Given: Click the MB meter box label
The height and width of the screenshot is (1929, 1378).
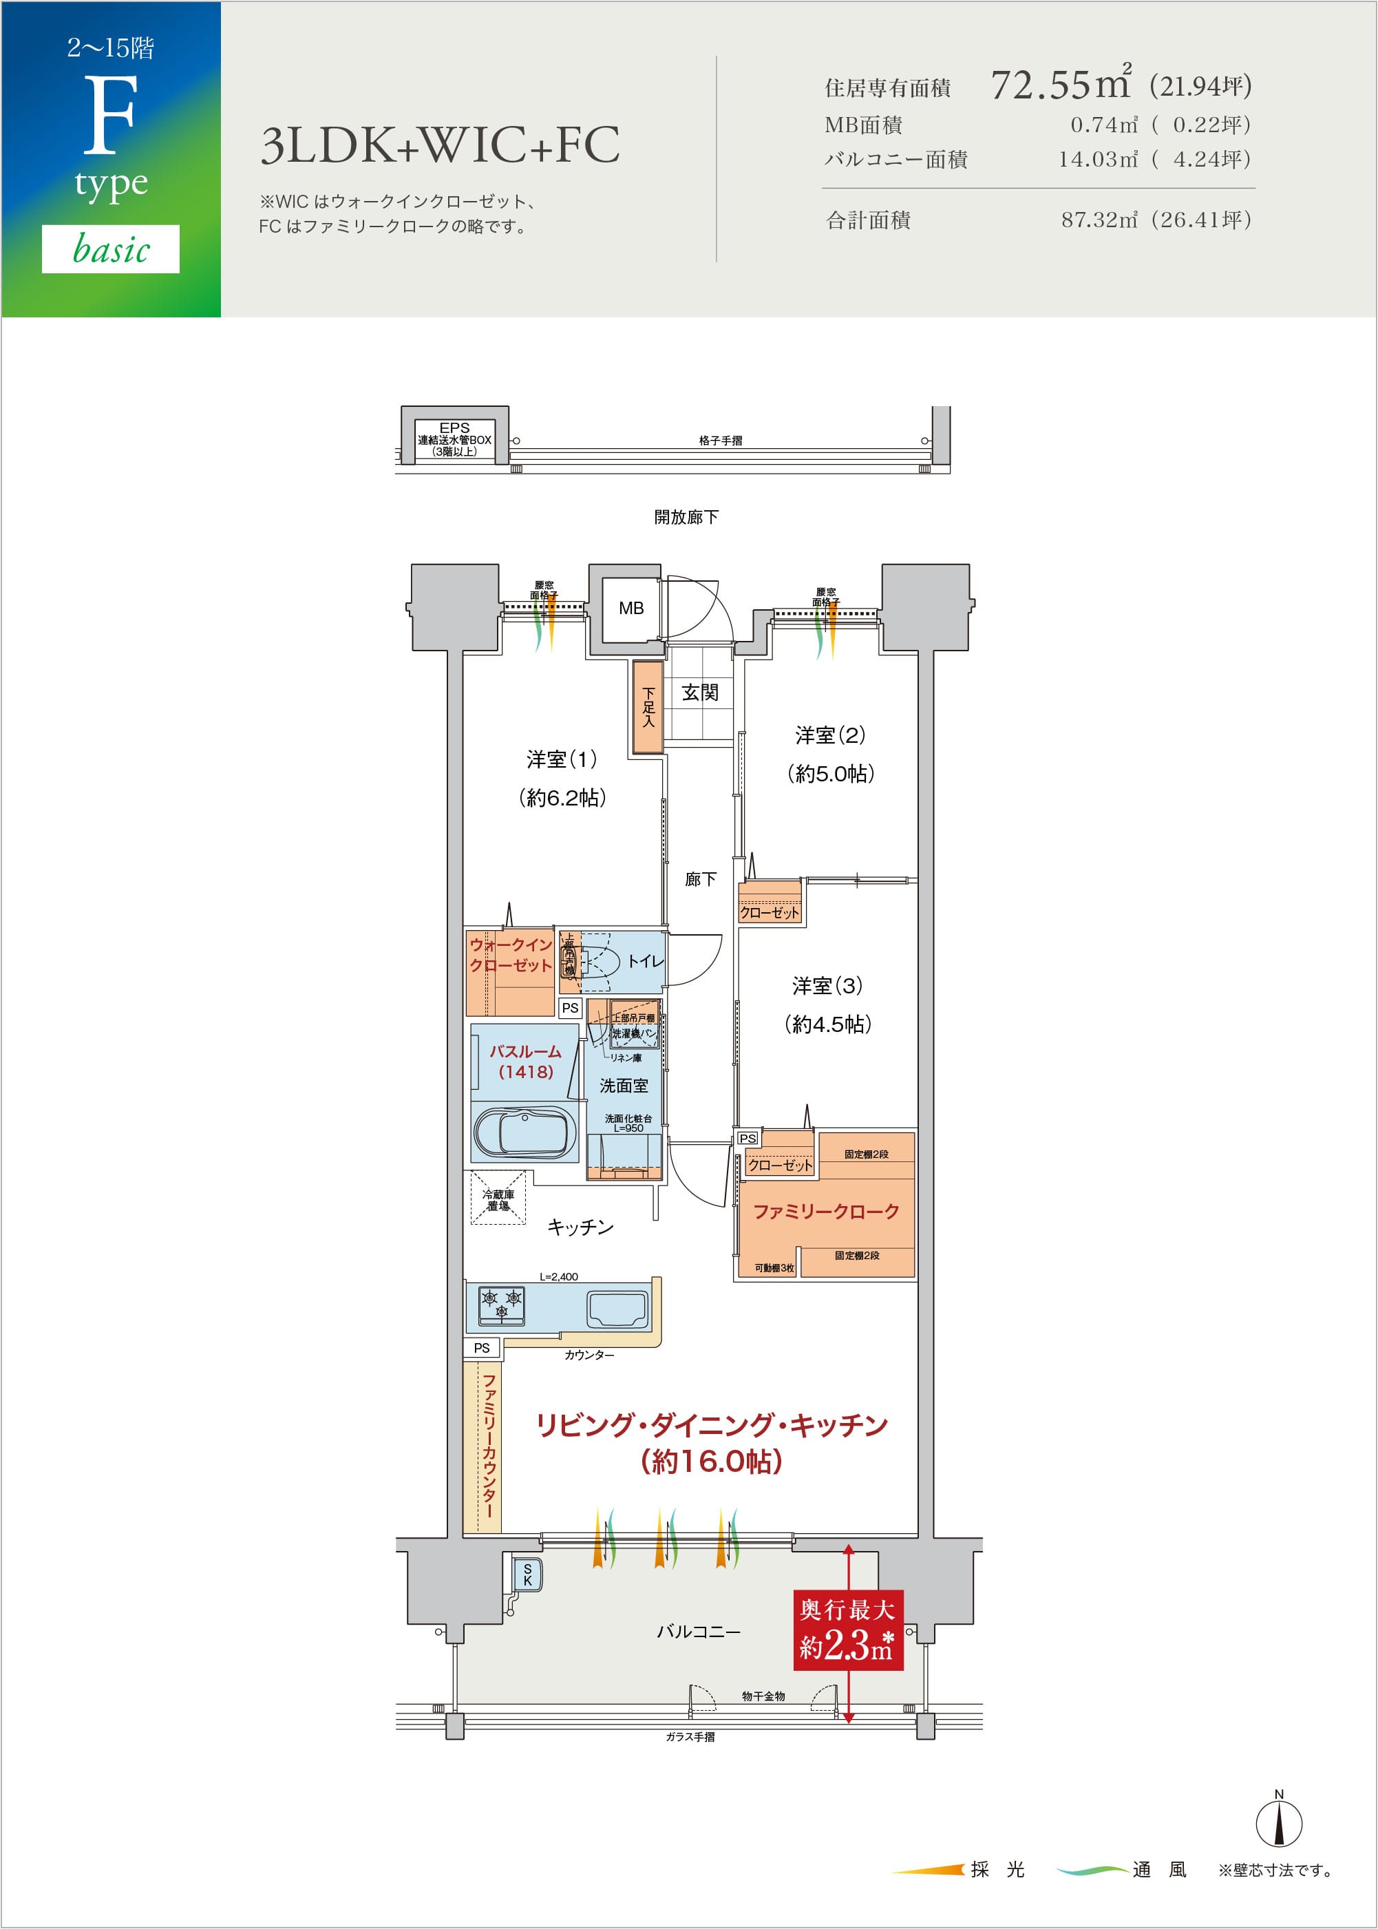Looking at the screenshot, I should [x=630, y=609].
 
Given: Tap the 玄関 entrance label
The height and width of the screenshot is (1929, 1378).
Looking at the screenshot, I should [x=700, y=693].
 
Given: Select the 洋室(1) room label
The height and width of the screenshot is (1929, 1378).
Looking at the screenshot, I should [x=561, y=759].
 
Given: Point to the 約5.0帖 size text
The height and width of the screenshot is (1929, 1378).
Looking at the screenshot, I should [x=830, y=773].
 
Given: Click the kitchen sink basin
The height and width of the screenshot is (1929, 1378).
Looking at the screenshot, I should [x=617, y=1308].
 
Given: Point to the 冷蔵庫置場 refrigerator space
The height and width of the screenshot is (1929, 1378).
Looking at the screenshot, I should [x=498, y=1199].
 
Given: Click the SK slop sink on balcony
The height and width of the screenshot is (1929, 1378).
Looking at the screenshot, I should [x=527, y=1574].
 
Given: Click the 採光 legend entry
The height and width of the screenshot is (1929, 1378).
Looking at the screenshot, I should [x=997, y=1870].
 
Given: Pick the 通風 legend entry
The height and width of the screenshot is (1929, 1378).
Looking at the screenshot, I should [x=1158, y=1870].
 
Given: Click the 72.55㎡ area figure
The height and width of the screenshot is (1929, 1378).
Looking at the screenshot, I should [x=1061, y=85].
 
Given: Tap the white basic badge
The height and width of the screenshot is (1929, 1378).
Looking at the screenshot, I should [x=111, y=249].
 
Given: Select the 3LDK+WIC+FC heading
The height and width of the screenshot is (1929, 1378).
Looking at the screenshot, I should [x=440, y=145].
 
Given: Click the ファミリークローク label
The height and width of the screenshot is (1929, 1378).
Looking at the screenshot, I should [x=825, y=1212].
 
